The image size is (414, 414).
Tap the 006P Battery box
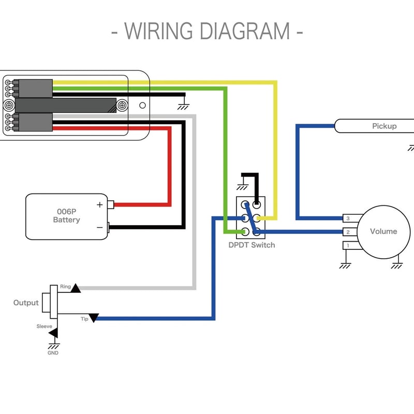(x=67, y=216)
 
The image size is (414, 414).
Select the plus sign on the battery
(x=100, y=204)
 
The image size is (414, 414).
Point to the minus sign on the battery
(x=100, y=228)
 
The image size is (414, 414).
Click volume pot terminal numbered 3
(x=348, y=218)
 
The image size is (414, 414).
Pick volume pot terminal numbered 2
(x=348, y=232)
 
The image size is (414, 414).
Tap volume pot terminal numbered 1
(x=348, y=245)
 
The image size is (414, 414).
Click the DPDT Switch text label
(x=252, y=245)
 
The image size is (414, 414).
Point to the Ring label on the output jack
(x=65, y=286)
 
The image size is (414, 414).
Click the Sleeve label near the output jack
(x=44, y=326)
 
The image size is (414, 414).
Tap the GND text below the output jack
(x=53, y=353)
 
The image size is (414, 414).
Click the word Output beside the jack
(x=26, y=303)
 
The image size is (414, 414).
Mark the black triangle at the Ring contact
(x=76, y=288)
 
